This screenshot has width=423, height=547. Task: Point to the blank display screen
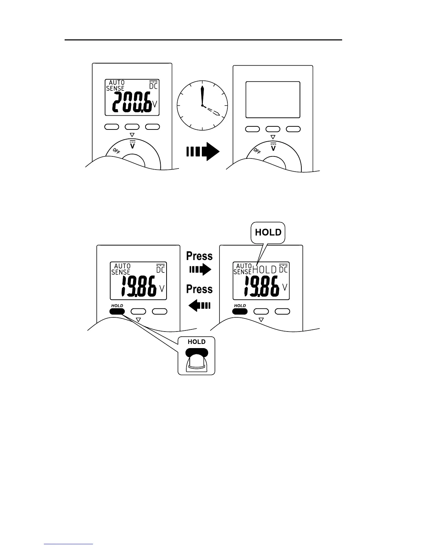pos(273,100)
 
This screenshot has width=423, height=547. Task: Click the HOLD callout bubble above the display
pos(268,232)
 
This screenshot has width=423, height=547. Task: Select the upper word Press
pos(199,256)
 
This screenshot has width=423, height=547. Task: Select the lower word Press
pos(199,289)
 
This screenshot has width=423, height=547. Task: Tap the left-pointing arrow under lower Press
pos(199,305)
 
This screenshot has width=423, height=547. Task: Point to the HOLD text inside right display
pos(265,270)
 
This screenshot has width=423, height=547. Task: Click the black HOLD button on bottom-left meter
pos(117,311)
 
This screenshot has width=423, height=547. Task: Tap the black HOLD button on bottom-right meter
pos(240,311)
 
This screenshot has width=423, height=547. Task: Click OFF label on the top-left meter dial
pos(116,151)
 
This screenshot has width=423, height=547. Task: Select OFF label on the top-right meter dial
pos(257,151)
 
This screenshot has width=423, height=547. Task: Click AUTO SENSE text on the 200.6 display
pos(115,85)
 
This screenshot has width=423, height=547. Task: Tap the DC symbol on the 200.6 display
pos(153,85)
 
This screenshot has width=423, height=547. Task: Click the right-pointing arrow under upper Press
pos(200,269)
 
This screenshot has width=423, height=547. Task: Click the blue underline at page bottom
pos(68,544)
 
